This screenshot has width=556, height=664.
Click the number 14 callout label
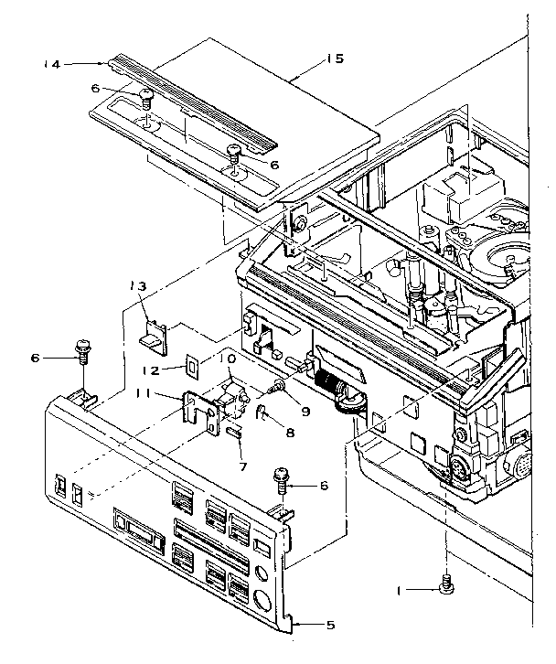coord(52,64)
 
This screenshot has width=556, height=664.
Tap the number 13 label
coord(138,287)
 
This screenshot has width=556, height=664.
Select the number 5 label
coord(331,626)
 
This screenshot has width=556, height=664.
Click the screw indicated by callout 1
coord(447,584)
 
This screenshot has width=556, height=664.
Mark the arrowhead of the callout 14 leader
coord(103,64)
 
